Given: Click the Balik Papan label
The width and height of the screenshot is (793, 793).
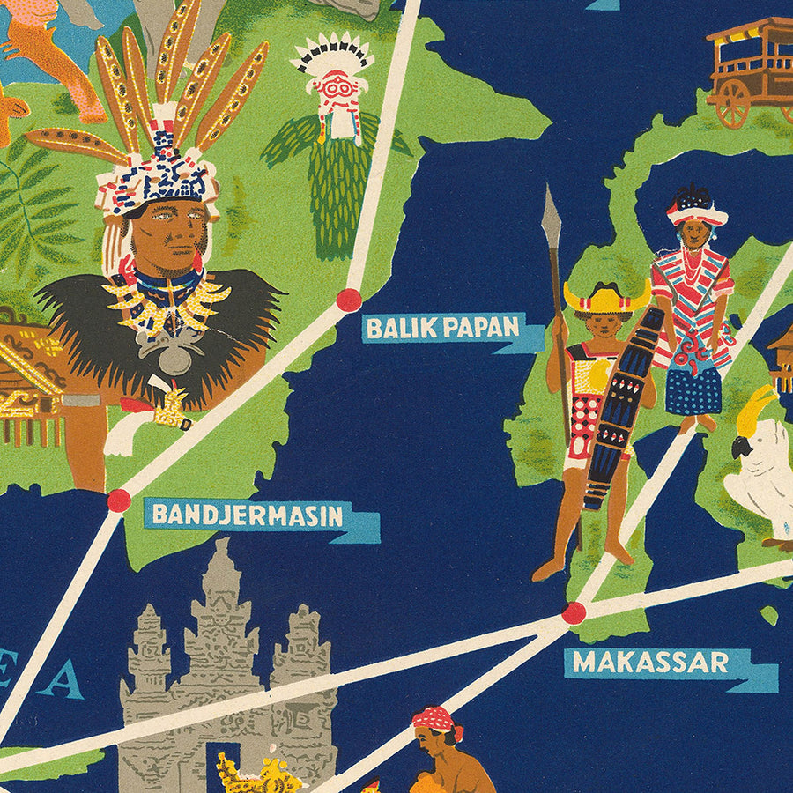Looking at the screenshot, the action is click(442, 328).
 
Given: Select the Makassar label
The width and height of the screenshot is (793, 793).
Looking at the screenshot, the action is click(650, 663).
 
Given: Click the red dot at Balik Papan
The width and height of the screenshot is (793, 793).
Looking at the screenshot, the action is click(349, 300).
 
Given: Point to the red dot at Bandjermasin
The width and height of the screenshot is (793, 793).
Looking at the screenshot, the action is click(119, 500).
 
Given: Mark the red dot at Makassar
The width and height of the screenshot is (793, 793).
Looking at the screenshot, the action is click(574, 612).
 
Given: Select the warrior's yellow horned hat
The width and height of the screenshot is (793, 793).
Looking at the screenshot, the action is click(606, 300).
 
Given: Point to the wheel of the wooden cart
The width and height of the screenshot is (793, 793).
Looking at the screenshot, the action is click(731, 104).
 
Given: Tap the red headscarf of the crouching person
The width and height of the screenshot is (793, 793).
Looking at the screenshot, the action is click(434, 718).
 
